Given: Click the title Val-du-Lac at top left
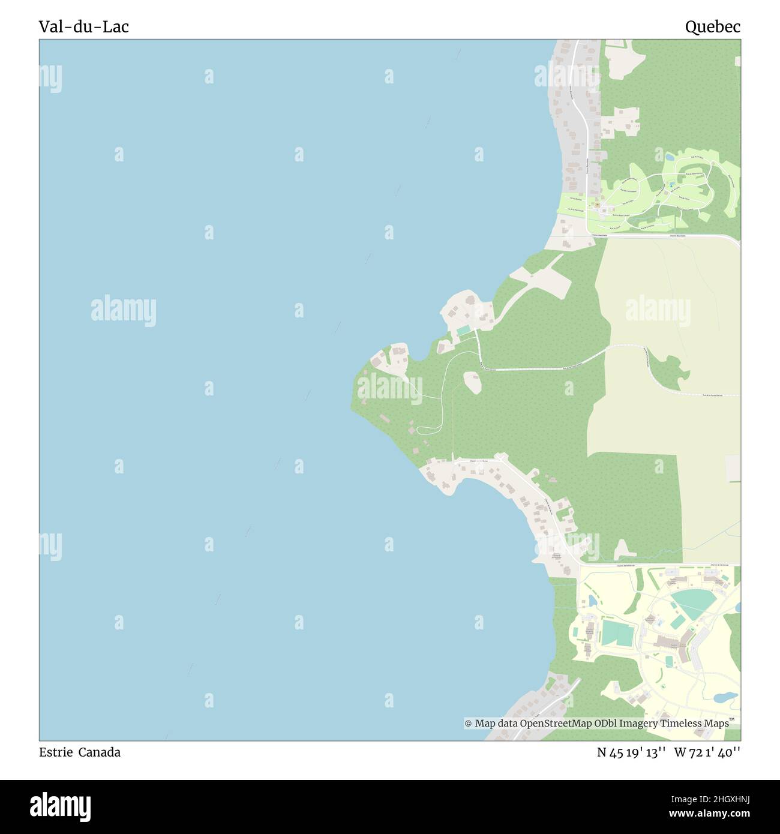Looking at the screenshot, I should (x=83, y=27).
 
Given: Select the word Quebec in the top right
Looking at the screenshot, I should (x=712, y=27).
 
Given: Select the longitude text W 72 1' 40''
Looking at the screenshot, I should (x=707, y=752).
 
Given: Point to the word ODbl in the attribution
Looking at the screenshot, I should (x=605, y=724).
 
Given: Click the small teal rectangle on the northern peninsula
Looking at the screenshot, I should (x=463, y=331).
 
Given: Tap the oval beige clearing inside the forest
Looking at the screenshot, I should (x=472, y=382).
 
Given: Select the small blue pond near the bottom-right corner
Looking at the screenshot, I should (x=727, y=697).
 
